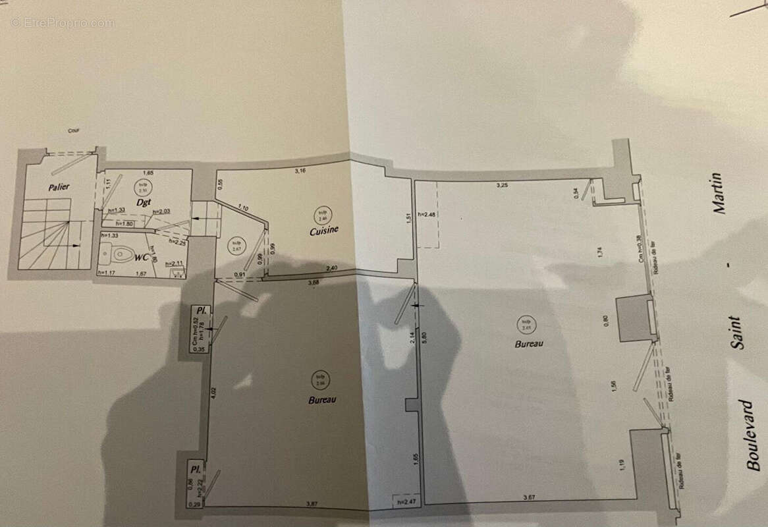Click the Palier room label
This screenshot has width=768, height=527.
(59, 187)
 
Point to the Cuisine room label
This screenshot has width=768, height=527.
(325, 231)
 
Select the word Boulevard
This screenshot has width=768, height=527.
(753, 435)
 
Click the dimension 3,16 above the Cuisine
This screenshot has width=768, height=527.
(300, 171)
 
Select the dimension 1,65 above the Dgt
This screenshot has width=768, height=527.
(148, 173)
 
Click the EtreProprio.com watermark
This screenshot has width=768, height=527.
(63, 23)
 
